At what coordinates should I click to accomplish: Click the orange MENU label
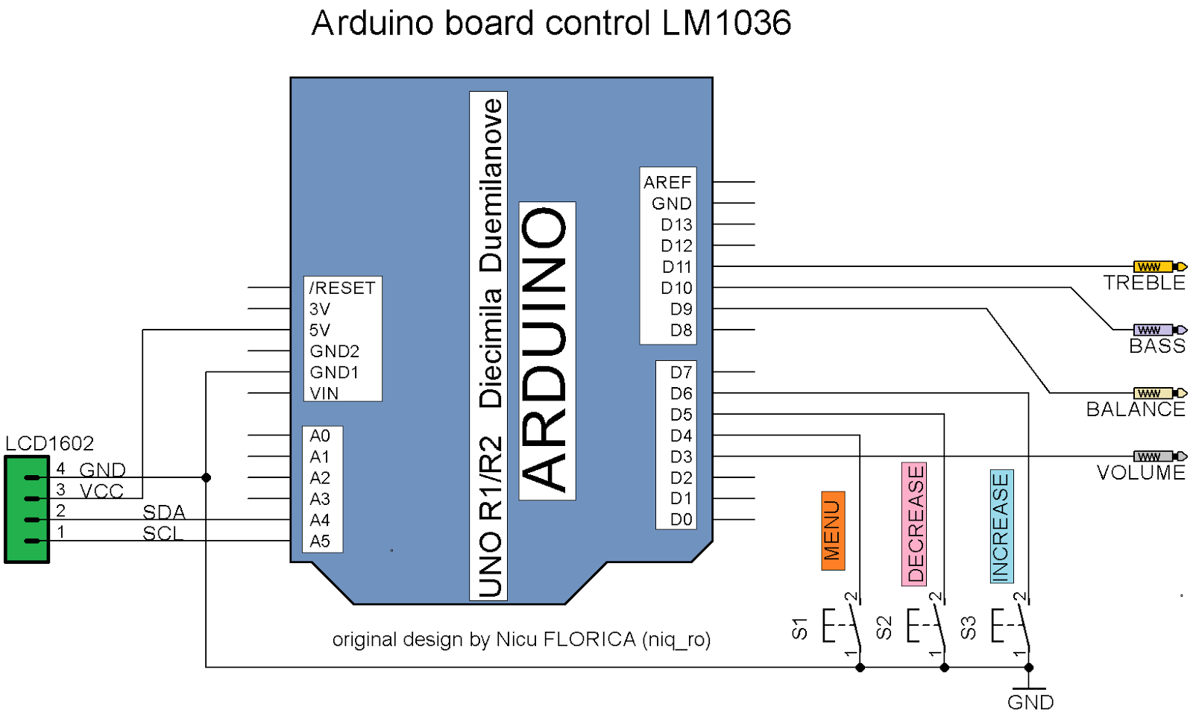coord(833,530)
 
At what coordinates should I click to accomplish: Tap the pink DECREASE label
coord(915,524)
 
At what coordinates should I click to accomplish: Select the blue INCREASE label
coord(1001,527)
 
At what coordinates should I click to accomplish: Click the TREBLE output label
coord(1144,283)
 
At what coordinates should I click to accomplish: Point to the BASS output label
coord(1156,346)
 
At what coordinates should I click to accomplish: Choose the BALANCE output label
coord(1135,409)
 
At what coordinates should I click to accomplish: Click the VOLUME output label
coord(1140,473)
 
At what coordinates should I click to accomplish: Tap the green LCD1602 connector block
coord(27,509)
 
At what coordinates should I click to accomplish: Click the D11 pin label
coord(676,267)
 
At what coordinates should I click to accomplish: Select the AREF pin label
coord(667,183)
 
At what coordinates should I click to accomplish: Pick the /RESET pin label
coord(342,288)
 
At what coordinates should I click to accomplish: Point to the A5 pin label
coord(320,541)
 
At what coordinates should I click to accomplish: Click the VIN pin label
coord(324,393)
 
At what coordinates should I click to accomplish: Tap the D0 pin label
coord(681,520)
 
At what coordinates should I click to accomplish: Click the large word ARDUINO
coord(546,349)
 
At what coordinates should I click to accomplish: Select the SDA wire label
coord(163,512)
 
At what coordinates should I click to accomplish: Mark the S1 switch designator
coord(799,628)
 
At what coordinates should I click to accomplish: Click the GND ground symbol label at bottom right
coord(1030,703)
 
